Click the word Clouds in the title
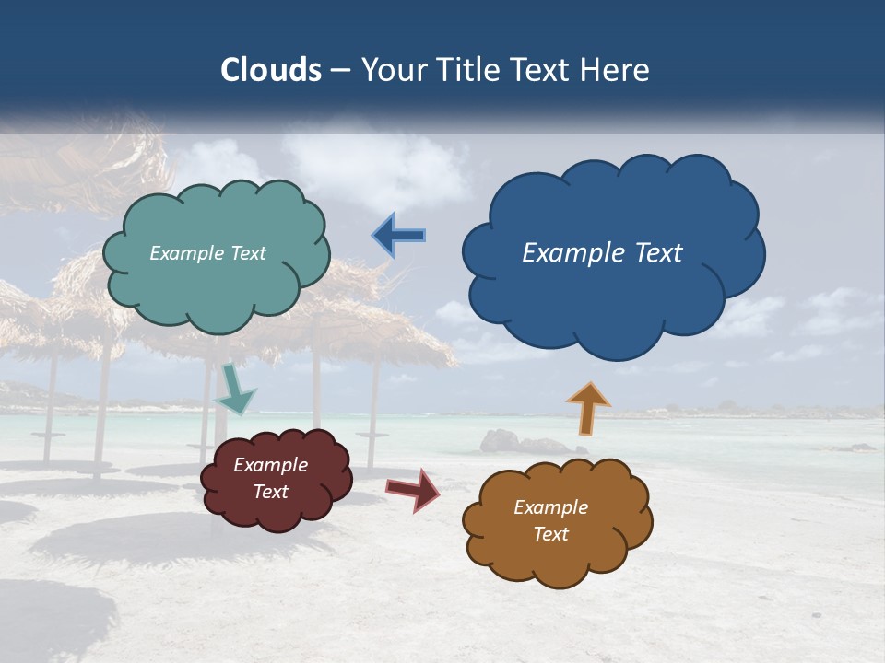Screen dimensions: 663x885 pyautogui.click(x=271, y=70)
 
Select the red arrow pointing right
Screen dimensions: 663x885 pyautogui.click(x=413, y=489)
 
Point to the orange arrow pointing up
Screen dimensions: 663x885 pyautogui.click(x=587, y=408)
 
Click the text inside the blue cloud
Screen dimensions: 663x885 pyautogui.click(x=602, y=253)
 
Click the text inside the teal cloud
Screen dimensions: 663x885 pyautogui.click(x=207, y=253)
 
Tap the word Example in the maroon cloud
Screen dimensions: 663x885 pyautogui.click(x=270, y=465)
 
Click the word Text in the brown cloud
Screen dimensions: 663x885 pyautogui.click(x=550, y=534)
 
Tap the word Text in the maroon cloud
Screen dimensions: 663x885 pyautogui.click(x=270, y=492)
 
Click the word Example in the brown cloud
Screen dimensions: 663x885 pyautogui.click(x=550, y=507)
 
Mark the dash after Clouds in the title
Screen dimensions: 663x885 pyautogui.click(x=339, y=70)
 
